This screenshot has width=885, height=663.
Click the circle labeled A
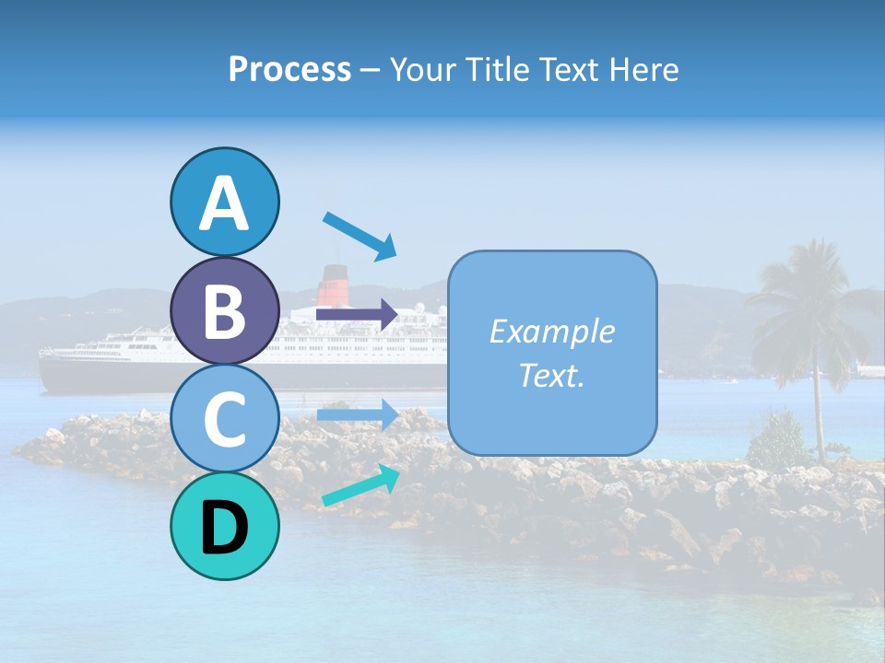point(224,202)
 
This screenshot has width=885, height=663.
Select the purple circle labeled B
point(224,310)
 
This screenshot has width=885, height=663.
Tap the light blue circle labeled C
point(224,419)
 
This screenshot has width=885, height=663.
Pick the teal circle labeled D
point(224,527)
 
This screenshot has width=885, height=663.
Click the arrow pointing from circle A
point(360,235)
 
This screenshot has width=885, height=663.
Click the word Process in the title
point(289,69)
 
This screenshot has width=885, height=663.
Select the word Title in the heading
point(496,69)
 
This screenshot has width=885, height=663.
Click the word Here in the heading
point(643,69)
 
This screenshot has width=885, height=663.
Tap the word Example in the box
point(551,331)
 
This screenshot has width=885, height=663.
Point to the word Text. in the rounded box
point(551,376)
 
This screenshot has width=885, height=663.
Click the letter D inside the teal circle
point(224,528)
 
